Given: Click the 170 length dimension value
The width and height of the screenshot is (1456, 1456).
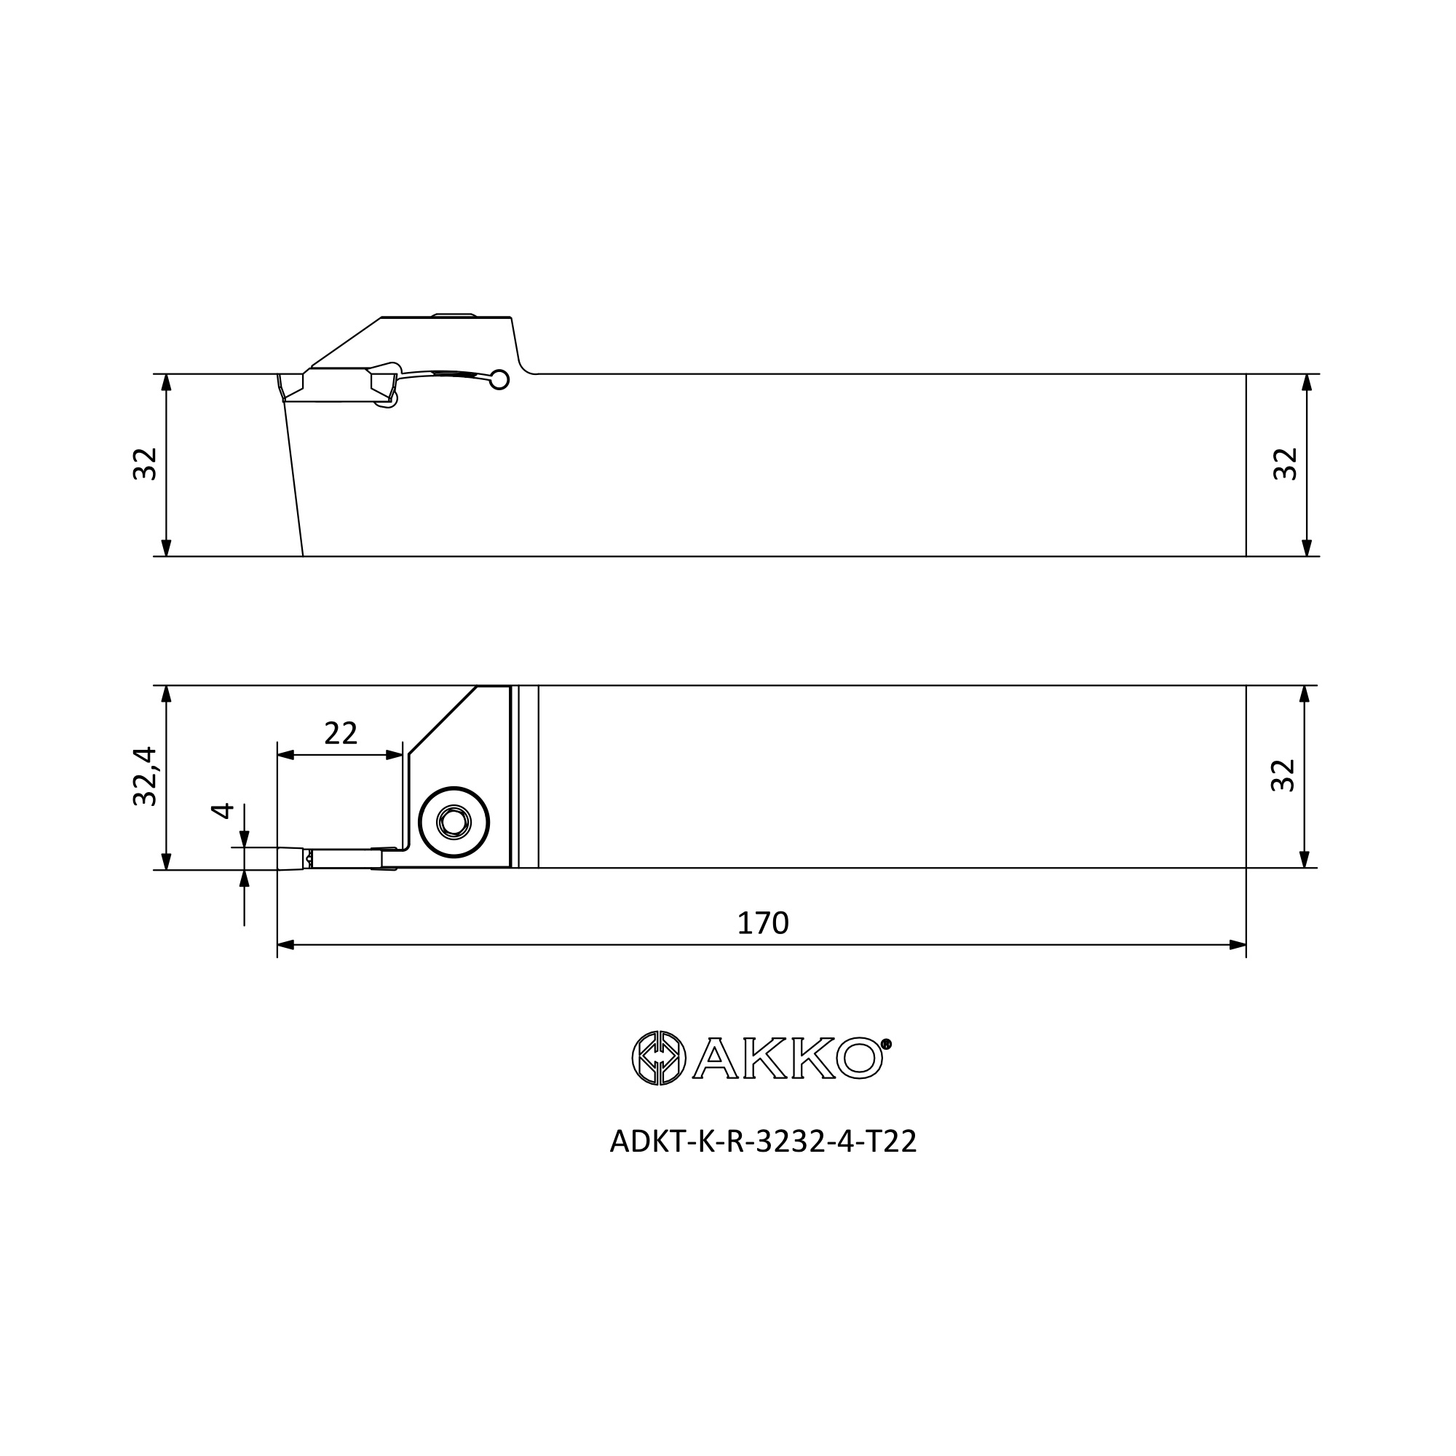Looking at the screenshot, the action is point(763,923).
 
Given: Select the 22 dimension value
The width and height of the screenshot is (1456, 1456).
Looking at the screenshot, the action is point(341,732).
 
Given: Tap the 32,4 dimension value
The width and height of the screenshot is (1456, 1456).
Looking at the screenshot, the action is point(145,776).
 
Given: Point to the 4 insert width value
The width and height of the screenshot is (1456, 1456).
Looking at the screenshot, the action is point(222,811).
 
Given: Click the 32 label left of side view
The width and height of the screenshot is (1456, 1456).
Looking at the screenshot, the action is point(145,464).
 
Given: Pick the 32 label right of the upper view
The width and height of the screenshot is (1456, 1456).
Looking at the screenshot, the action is point(1285,464).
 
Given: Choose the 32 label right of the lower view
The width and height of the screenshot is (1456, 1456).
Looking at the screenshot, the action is point(1283,775).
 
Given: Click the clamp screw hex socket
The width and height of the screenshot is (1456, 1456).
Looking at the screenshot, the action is point(454,822).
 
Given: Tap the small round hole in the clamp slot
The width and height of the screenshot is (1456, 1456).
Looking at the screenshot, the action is point(499,380).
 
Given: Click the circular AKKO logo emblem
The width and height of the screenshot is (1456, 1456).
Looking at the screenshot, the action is point(659,1058).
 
